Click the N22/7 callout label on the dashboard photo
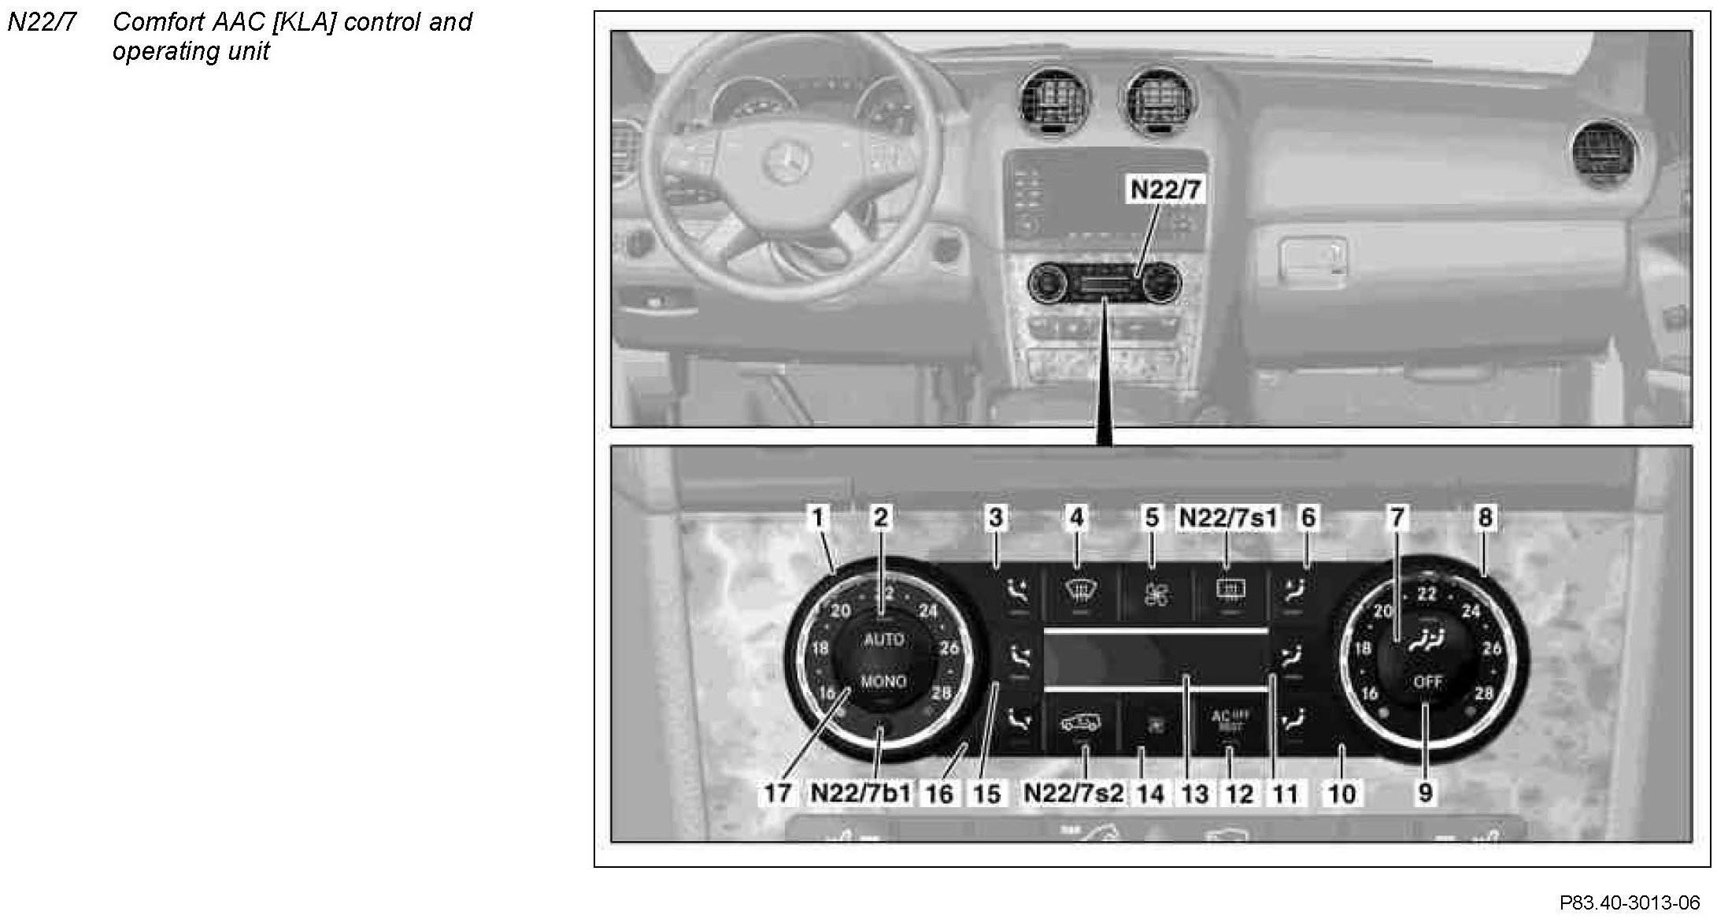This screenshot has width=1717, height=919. tap(1166, 190)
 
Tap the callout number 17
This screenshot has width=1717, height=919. tap(777, 792)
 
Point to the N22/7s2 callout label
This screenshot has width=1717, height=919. tap(1074, 792)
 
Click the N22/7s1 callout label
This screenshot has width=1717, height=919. tap(1228, 517)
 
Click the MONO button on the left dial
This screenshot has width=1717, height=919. tap(883, 681)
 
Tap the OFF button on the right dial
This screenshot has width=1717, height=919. tap(1427, 682)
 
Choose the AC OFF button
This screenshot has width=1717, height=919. tap(1229, 721)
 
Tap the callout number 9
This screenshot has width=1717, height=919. tap(1425, 792)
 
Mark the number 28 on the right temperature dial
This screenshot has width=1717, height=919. tap(1484, 694)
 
